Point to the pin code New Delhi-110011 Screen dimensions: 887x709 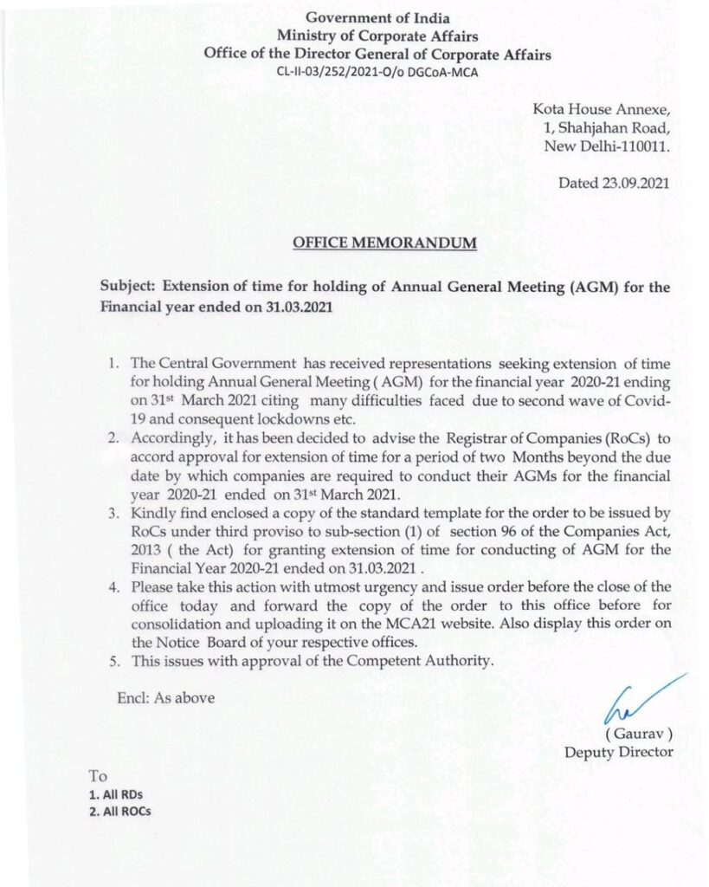point(606,146)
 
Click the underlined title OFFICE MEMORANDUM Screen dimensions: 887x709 point(384,243)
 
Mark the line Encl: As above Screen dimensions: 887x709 point(165,697)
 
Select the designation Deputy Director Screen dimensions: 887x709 point(618,751)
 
